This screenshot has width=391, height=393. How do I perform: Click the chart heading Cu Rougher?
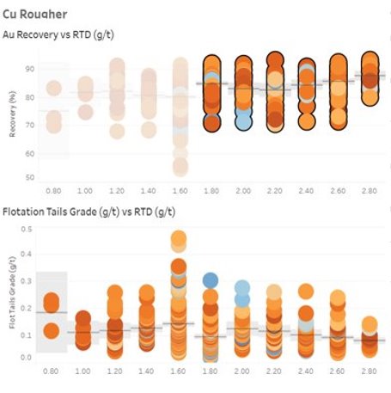35,14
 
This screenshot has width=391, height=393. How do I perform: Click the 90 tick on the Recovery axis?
31,70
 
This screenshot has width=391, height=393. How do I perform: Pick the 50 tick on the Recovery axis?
31,177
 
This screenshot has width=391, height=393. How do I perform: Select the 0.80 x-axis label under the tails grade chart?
52,374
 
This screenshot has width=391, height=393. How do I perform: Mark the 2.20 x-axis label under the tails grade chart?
275,374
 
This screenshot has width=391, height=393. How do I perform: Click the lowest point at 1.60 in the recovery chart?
179,166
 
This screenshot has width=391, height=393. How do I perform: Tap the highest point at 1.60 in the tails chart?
179,237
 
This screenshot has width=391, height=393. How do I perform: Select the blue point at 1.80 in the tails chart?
211,279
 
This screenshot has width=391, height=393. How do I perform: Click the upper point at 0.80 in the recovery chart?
53,88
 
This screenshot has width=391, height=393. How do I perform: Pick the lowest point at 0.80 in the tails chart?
52,329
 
